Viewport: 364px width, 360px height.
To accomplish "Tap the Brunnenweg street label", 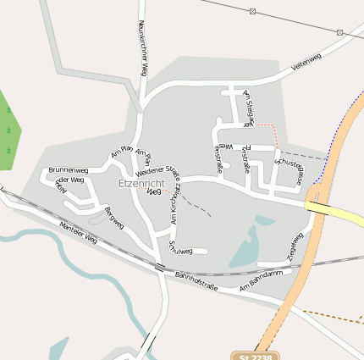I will coord(69,170).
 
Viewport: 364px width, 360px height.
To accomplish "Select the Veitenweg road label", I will coord(306,60).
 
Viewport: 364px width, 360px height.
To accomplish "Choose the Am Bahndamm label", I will coord(259,282).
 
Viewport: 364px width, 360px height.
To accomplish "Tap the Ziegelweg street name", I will coord(294,245).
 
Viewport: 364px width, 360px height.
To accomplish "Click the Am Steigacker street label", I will coord(248,108).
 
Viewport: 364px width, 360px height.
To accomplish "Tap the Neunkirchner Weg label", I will coord(144,49).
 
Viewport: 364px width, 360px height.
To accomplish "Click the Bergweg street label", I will coord(113,217).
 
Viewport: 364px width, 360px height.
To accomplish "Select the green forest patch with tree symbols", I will coord(7,127).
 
